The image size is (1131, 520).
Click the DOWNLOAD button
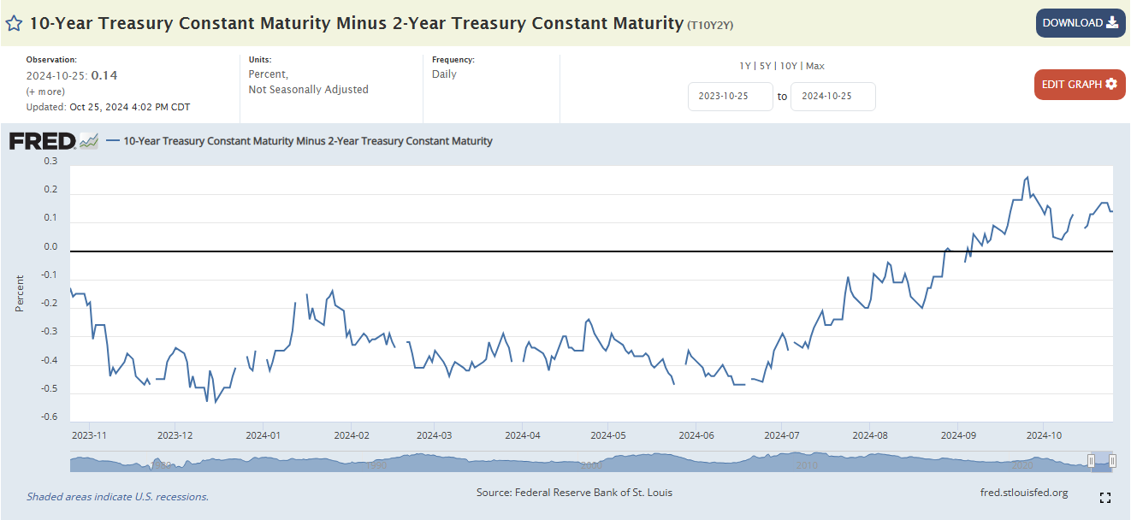[1080, 23]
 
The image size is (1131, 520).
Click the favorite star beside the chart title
[15, 23]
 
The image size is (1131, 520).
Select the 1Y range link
[746, 66]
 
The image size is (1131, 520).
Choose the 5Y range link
[767, 66]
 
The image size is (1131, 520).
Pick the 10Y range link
[789, 66]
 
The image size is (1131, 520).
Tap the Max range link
[814, 66]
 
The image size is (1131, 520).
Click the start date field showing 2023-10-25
[730, 97]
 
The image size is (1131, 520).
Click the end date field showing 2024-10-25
[832, 97]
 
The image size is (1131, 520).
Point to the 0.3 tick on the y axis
[50, 161]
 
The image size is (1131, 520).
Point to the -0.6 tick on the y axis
[49, 417]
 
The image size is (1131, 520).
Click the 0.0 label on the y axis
[50, 247]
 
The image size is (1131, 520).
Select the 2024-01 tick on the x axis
[263, 435]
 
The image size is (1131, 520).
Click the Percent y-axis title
[19, 292]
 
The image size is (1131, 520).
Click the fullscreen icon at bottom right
[1104, 498]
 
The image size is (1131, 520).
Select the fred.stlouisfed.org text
[1024, 493]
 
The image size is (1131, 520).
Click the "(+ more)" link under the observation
[44, 92]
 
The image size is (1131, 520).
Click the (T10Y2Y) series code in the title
[709, 26]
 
